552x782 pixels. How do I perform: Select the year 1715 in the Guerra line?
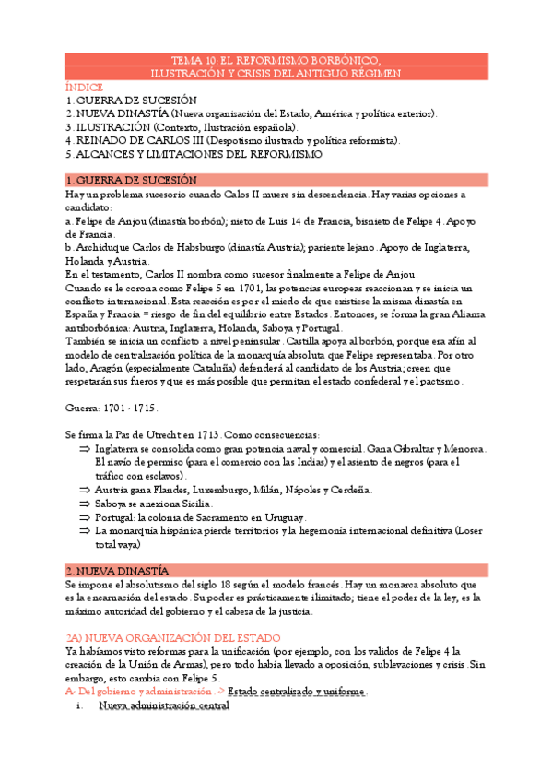[144, 407]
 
